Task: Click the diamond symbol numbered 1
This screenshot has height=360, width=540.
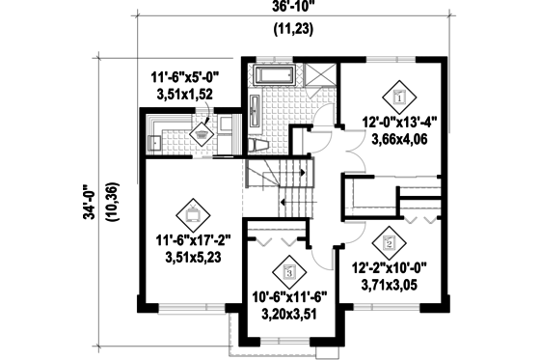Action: (x=398, y=97)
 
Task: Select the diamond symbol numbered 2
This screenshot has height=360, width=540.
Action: (x=388, y=237)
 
